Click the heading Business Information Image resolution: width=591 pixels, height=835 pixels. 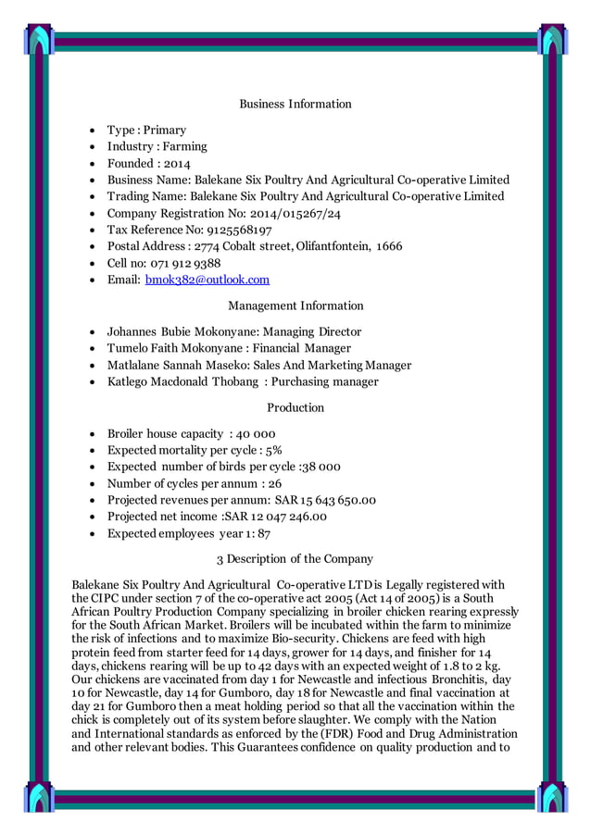pyautogui.click(x=295, y=104)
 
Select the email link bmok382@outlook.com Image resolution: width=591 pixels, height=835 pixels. pyautogui.click(x=207, y=280)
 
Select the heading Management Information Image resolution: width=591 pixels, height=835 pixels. pyautogui.click(x=295, y=305)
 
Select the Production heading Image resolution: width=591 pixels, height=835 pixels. pyautogui.click(x=295, y=407)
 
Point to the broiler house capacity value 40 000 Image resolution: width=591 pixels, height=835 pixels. pyautogui.click(x=256, y=433)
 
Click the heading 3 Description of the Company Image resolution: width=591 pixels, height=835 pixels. pyautogui.click(x=295, y=559)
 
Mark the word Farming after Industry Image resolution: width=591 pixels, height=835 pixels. pyautogui.click(x=185, y=146)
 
